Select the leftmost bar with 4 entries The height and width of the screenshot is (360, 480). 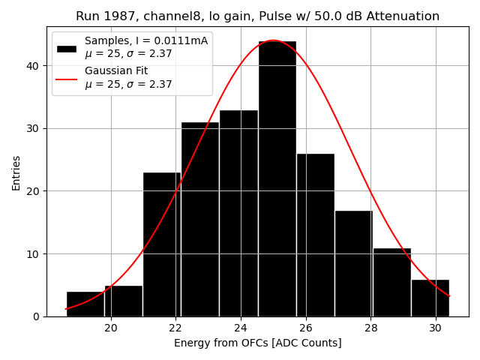pyautogui.click(x=85, y=304)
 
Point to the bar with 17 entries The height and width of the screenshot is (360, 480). pyautogui.click(x=353, y=263)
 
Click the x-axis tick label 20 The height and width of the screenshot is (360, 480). pyautogui.click(x=111, y=328)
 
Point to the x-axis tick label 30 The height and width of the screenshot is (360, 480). pyautogui.click(x=435, y=328)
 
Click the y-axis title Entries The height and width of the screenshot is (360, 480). pyautogui.click(x=16, y=172)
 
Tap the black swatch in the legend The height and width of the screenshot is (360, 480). pyautogui.click(x=67, y=48)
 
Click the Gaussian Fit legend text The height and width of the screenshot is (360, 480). pyautogui.click(x=116, y=70)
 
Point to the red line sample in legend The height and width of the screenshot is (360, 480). pyautogui.click(x=67, y=77)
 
